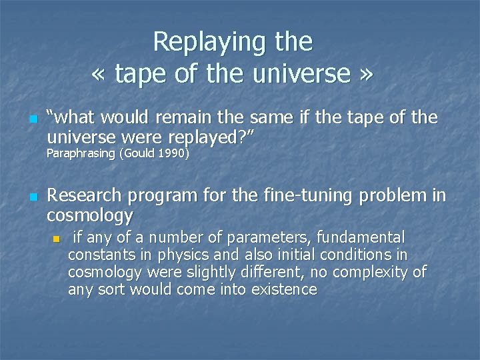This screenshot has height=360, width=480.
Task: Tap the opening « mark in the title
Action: tap(99, 74)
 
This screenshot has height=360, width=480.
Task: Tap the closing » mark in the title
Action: tap(366, 74)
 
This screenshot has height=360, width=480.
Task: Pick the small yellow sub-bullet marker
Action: tap(57, 239)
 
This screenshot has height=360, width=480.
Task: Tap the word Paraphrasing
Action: tap(79, 155)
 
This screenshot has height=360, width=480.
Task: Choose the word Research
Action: tap(85, 196)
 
